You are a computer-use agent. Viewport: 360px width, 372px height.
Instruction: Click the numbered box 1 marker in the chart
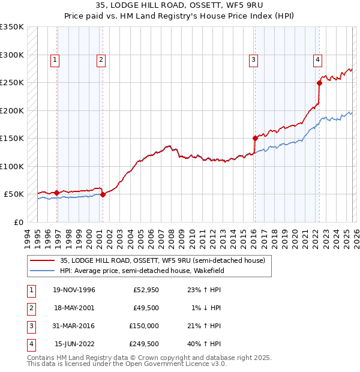coord(55,59)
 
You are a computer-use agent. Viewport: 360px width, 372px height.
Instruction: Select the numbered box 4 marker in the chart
coord(317,59)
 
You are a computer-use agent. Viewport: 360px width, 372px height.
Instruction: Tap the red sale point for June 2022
coord(319,83)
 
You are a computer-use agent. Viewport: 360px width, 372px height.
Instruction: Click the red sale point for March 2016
coord(255,139)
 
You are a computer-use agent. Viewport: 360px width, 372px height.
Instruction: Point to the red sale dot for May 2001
coord(103,194)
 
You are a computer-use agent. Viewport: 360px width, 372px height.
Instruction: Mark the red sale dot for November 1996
coord(57,193)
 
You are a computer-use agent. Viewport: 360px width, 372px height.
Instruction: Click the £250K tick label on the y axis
coord(12,83)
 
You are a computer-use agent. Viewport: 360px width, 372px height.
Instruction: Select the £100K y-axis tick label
coord(12,166)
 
